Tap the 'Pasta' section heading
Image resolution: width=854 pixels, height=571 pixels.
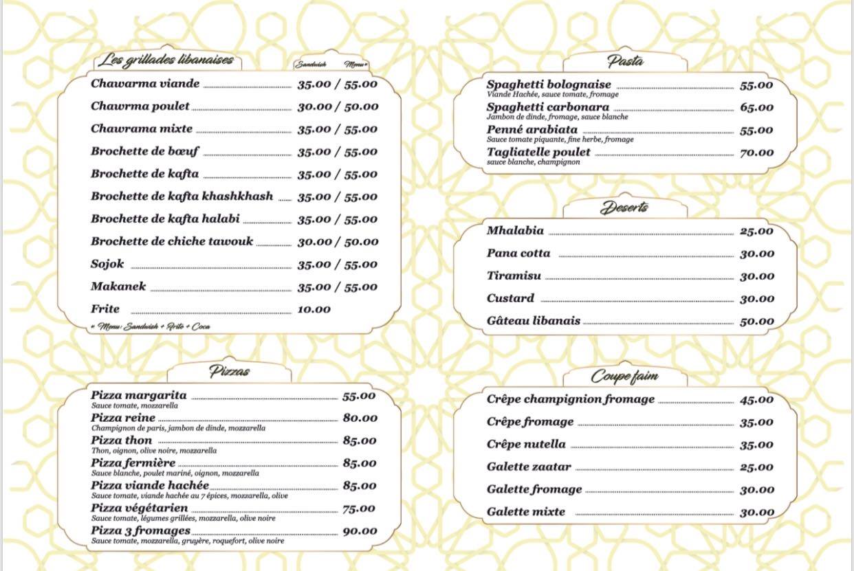coord(625,61)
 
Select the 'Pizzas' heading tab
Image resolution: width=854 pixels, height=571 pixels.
coord(229,372)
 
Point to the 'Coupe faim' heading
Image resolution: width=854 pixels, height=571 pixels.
coord(624,377)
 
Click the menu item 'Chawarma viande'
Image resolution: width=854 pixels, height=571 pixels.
coord(145,84)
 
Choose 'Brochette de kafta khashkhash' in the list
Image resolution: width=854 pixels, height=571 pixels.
coord(182,197)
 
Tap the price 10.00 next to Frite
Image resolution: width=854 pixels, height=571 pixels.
coord(314,310)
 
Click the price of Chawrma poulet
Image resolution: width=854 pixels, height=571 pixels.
coord(338,107)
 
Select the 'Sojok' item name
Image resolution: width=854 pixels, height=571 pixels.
coord(107,264)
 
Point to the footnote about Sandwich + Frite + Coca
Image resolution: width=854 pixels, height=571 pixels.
coord(151,326)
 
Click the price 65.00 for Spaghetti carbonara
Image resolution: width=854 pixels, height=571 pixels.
coord(756,107)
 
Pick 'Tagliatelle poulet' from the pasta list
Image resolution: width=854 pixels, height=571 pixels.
coord(538,152)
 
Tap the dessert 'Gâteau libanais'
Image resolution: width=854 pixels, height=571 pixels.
coord(533,321)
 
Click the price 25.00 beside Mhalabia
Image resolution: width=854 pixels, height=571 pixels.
coord(756,231)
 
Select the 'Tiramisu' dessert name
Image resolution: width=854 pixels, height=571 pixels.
coord(514,276)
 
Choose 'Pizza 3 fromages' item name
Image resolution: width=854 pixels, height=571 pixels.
coord(140,530)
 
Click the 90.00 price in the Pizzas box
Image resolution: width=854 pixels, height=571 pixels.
coord(360,531)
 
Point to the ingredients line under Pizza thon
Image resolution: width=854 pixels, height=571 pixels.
coord(154,451)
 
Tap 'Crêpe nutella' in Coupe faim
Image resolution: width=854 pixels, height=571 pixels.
coord(526,445)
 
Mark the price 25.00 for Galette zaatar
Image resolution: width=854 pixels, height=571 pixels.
coord(756,467)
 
